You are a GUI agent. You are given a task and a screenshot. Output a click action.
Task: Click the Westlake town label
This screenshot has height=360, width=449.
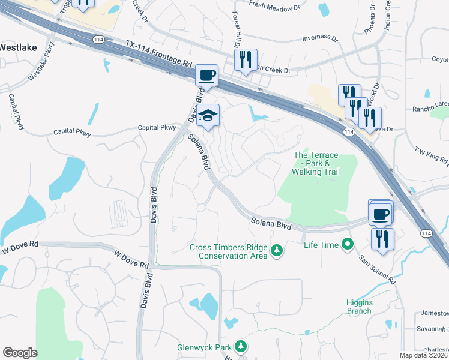[17, 46]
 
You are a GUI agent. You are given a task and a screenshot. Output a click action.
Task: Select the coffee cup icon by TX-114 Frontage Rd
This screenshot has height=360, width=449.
[206, 76]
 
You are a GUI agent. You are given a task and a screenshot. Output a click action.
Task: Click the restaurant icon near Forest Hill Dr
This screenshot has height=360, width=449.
[246, 60]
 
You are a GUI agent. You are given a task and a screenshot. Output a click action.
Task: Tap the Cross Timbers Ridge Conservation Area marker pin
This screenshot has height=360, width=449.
[276, 250]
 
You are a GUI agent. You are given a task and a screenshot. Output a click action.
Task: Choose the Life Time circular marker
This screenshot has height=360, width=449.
[347, 244]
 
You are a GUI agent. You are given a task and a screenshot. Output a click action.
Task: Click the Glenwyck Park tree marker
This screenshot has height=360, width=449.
[240, 347]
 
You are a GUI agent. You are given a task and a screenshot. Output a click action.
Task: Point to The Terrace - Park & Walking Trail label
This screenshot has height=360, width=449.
[316, 164]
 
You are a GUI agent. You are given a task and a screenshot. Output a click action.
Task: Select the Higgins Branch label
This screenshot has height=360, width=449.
[360, 307]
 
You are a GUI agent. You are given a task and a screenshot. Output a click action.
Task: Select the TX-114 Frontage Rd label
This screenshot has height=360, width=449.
[159, 54]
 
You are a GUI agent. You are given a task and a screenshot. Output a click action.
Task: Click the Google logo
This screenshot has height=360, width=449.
[20, 353]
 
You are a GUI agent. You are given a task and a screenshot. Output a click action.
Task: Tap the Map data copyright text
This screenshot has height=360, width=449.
[424, 355]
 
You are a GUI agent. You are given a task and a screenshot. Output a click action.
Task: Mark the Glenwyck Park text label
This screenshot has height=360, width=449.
[204, 347]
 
